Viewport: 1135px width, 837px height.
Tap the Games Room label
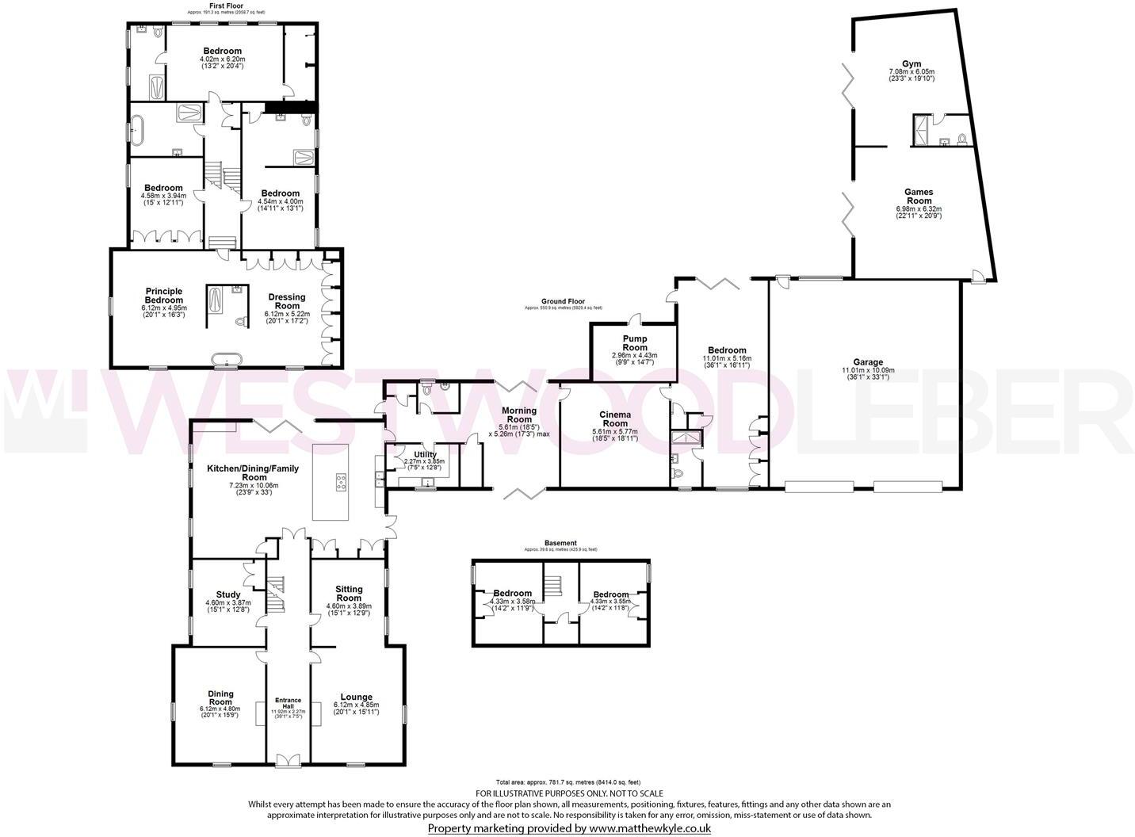919,197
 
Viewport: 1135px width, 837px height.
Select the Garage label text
868,362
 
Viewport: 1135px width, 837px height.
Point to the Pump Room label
634,343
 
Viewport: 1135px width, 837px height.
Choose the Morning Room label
519,415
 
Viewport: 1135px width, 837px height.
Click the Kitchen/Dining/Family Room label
253,472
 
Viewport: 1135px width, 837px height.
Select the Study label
228,594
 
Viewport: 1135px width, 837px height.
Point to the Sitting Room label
349,594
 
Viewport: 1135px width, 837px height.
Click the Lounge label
357,697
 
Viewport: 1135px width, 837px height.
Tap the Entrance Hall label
288,703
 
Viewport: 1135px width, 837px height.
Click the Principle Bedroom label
163,296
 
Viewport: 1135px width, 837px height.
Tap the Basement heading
560,543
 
